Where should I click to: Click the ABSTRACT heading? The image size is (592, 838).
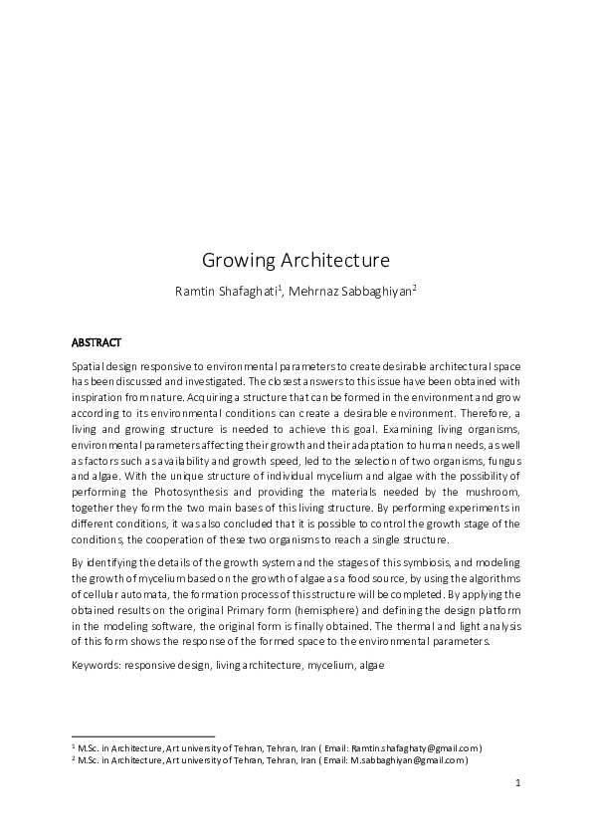click(97, 342)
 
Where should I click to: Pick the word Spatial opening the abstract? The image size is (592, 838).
click(89, 367)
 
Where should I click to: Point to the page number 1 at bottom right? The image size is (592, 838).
click(518, 783)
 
